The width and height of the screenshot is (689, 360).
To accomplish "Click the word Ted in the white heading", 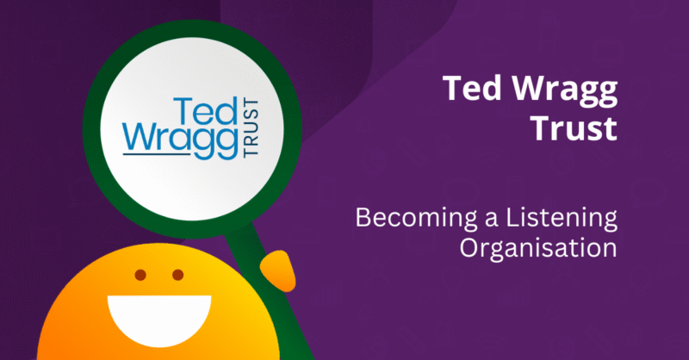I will pos(469,88).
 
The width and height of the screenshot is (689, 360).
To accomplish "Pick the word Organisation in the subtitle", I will pos(538,249).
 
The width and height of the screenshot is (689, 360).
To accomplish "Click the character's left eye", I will pos(140,276).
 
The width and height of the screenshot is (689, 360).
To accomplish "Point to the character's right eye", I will pos(177,276).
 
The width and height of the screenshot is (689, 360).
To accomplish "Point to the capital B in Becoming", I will pos(363,220).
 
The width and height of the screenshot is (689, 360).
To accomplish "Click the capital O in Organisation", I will pos(469,249).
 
